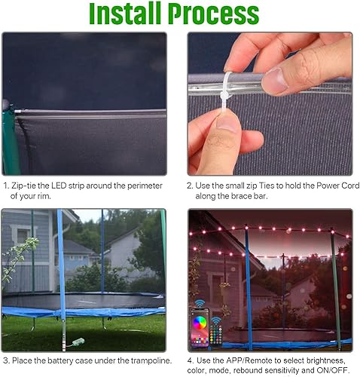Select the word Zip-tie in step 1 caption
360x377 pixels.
pos(30,185)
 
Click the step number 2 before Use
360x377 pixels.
pos(191,185)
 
